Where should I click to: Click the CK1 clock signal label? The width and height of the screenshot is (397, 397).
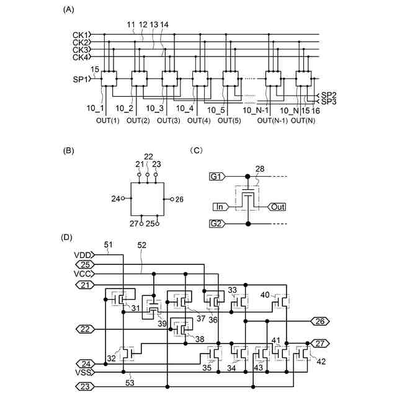tap(81, 35)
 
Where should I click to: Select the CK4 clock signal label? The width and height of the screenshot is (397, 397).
tap(81, 57)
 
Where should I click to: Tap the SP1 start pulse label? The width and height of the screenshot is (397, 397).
tap(81, 79)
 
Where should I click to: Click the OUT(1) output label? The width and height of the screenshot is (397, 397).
tap(107, 120)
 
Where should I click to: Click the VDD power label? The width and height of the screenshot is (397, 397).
tap(83, 254)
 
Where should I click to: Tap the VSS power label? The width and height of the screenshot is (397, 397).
tap(83, 373)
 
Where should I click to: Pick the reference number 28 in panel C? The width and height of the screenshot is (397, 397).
tap(260, 168)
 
